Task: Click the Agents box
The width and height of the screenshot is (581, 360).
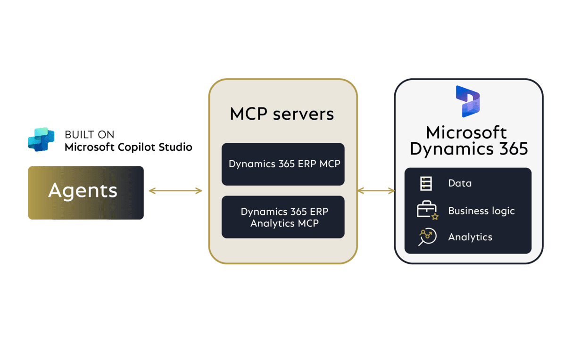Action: coord(85,192)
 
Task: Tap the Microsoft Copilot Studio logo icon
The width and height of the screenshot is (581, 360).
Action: coord(41,139)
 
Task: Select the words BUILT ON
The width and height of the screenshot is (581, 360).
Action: coord(90,135)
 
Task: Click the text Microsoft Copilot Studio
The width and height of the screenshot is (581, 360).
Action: coord(128,147)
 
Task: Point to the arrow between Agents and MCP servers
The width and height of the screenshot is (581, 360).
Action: coord(175,191)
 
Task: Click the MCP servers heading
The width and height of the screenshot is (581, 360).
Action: coord(282,114)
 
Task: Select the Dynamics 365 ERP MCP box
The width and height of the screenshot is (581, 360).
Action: coord(283,164)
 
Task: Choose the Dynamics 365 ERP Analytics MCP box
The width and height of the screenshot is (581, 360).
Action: coord(283,217)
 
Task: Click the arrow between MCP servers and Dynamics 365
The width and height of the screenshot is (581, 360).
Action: coord(376,190)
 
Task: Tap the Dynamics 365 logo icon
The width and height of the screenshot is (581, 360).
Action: coord(467,101)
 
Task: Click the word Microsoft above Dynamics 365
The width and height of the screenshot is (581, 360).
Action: coord(466,132)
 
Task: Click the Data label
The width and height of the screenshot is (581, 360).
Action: coord(460,183)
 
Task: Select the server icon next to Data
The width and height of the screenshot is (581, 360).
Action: coord(426,183)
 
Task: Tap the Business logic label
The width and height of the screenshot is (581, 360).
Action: coord(481,211)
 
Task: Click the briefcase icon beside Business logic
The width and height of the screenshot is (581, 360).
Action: coord(427,211)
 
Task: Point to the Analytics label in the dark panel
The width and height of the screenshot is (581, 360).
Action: coord(470,237)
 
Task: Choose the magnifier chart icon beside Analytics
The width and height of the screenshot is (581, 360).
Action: coord(427,237)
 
